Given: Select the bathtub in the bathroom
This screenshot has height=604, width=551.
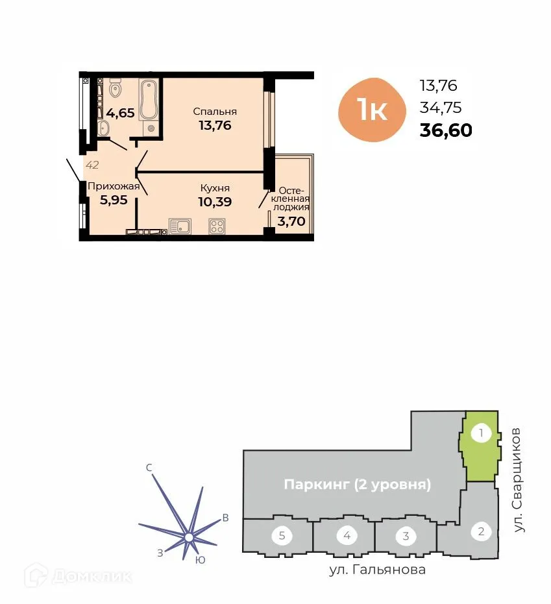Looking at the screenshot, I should click(x=149, y=101).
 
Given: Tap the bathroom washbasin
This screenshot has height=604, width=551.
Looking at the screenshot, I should click(x=104, y=128).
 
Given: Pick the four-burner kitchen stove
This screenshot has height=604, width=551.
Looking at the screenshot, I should click(x=217, y=226).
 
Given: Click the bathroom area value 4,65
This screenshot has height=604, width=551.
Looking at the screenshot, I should click(x=121, y=113).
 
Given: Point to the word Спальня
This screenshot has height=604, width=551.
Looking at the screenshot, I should click(x=215, y=112).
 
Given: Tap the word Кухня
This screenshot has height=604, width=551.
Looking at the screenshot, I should click(x=215, y=188).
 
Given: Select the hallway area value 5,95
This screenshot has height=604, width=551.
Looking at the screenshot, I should click(x=114, y=200).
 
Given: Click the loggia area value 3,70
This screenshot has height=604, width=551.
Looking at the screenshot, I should click(x=291, y=221).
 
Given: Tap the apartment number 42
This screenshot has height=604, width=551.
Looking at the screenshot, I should click(x=92, y=165).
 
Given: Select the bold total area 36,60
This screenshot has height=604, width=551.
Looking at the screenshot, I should click(x=446, y=130).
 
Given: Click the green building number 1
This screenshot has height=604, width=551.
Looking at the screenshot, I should click(x=481, y=433).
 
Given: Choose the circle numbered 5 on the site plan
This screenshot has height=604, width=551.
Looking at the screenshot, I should click(x=282, y=536).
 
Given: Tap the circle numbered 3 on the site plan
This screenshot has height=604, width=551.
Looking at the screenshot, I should click(x=406, y=536).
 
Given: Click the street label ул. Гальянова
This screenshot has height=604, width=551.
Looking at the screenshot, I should click(x=377, y=570).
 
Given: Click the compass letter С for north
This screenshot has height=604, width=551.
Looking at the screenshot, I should click(x=149, y=467).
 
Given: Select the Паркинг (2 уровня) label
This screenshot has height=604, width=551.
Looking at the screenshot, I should click(x=358, y=485).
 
